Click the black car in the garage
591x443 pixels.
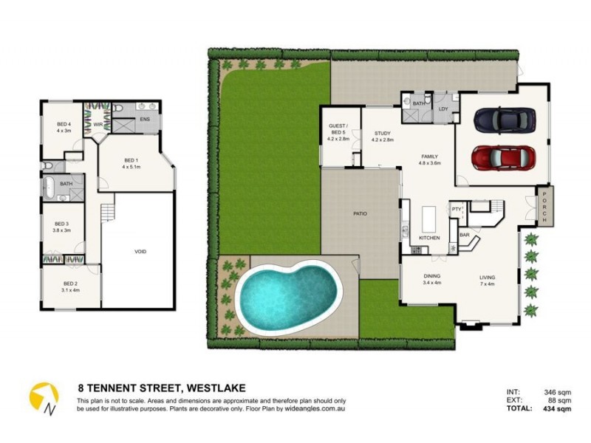click(x=505, y=119)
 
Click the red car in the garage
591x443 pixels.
click(x=502, y=157)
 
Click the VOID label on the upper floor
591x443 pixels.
click(x=140, y=252)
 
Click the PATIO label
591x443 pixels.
click(x=360, y=213)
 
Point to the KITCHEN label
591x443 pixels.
click(x=429, y=238)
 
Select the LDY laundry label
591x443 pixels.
click(x=443, y=109)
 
